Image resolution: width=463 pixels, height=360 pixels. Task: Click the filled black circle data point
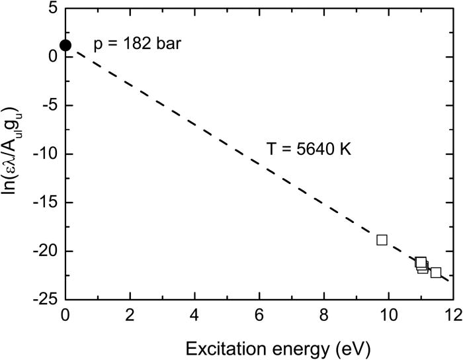(x=65, y=46)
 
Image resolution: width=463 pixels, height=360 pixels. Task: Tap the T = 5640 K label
(x=308, y=149)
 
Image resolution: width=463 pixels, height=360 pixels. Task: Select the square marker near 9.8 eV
(x=382, y=240)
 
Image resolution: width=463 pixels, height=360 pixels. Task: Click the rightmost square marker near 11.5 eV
(x=436, y=273)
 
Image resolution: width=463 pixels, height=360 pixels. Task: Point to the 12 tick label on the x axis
(x=453, y=315)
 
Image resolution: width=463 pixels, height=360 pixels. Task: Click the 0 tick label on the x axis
(x=65, y=315)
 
